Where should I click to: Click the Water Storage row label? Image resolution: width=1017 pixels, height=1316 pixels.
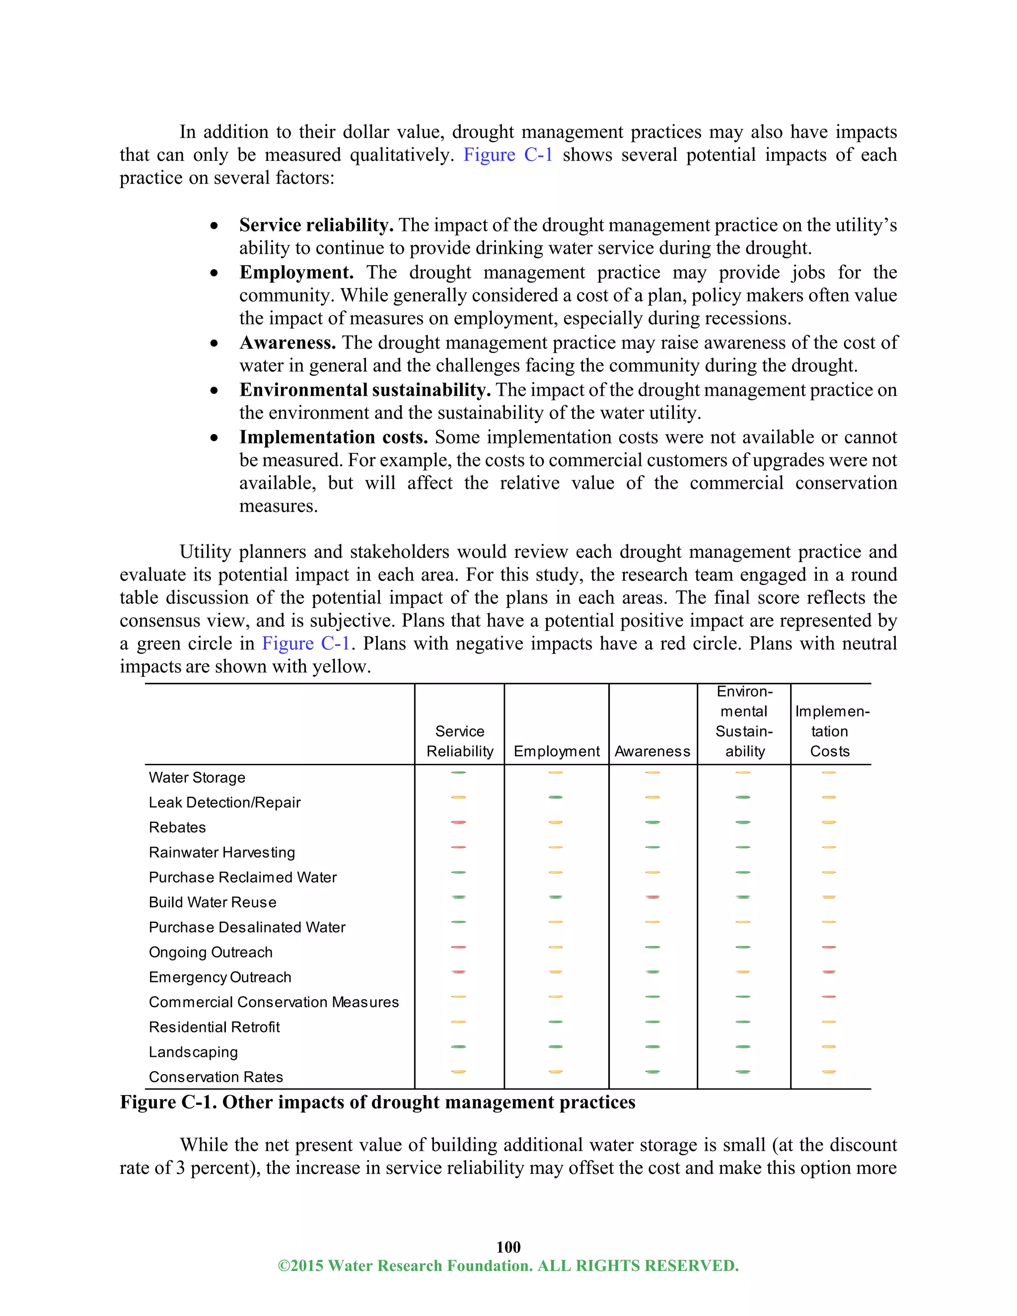pos(197,777)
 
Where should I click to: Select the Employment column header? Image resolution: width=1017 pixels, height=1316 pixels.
pos(556,751)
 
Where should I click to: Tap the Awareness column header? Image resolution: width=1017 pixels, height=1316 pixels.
pos(653,751)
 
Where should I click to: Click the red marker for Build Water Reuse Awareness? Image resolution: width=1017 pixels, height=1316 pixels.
pos(652,897)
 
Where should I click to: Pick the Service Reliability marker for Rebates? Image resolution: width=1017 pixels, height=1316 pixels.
pos(458,822)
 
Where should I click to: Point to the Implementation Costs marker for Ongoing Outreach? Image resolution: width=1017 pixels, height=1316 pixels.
pos(829,947)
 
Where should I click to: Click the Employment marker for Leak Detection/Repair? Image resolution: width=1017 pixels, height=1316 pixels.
pos(556,797)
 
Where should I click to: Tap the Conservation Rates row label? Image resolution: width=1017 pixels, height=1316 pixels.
pos(216,1077)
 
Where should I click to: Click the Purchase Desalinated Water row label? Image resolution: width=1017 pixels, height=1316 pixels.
pos(247,927)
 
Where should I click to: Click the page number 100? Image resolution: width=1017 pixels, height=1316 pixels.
pos(508,1246)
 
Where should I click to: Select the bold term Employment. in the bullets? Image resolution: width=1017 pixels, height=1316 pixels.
pos(296,272)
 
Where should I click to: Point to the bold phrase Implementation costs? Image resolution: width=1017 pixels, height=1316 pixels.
pos(333,437)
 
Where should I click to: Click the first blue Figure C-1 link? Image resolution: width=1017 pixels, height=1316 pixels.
pos(508,155)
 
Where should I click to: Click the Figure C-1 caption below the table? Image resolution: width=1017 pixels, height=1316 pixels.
pos(377,1102)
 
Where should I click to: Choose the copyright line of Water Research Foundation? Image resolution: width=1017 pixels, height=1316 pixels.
pos(508,1265)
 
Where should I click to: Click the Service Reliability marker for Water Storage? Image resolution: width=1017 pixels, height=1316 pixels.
pos(458,773)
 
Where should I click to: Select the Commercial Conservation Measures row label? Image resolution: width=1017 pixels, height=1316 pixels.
pos(274,1002)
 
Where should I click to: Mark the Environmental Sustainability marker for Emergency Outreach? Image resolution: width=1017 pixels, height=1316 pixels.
pos(743,972)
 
